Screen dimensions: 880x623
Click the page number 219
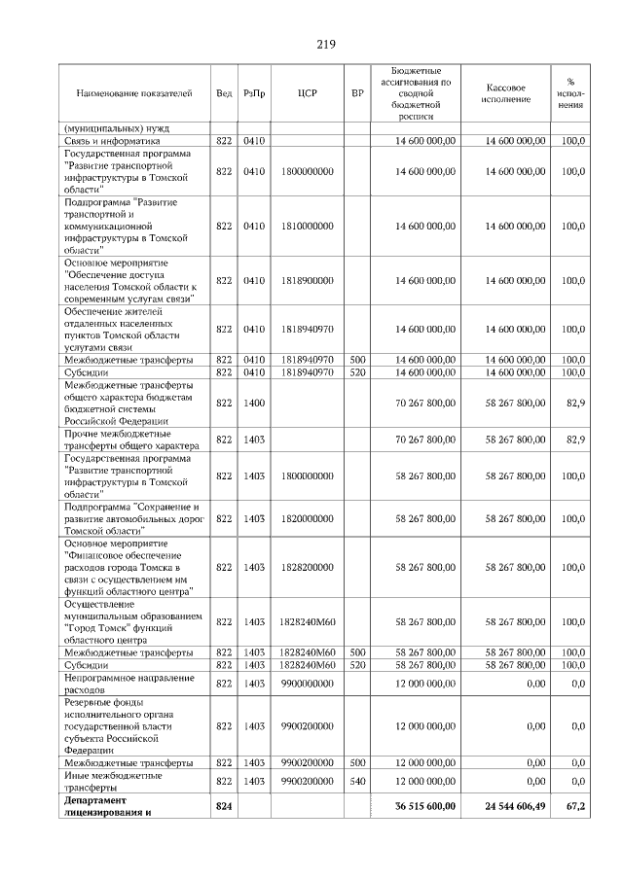pos(325,44)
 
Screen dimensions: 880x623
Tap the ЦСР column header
pos(307,93)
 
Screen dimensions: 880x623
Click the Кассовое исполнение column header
pos(505,93)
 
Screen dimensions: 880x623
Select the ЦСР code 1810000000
pos(307,226)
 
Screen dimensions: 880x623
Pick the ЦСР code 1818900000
pos(307,280)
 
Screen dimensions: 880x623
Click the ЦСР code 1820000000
pos(307,518)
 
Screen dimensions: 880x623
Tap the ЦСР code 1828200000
pos(307,566)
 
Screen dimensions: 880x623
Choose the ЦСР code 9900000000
pos(307,684)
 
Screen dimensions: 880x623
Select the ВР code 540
pos(357,781)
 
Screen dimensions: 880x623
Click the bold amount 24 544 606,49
pos(509,805)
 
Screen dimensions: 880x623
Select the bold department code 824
pos(224,805)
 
